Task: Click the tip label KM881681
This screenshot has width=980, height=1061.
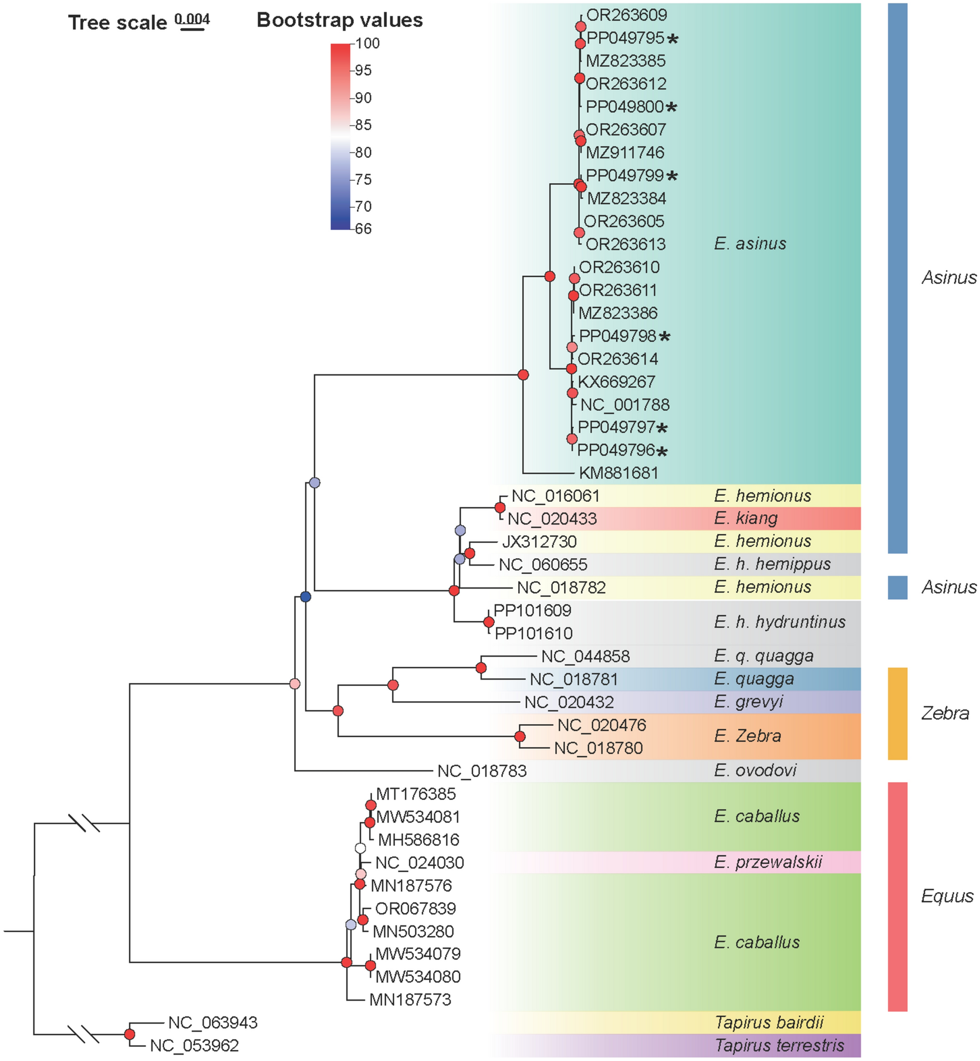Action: point(618,473)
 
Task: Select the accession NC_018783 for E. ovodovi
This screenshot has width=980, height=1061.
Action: point(482,771)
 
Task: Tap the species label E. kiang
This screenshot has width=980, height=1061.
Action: point(745,518)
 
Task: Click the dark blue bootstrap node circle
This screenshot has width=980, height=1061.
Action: point(305,597)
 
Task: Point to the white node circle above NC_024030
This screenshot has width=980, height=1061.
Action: point(360,849)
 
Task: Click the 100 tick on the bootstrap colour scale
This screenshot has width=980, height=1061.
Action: point(367,43)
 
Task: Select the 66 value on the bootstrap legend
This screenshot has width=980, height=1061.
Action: point(363,229)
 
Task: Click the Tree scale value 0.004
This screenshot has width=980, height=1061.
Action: point(192,19)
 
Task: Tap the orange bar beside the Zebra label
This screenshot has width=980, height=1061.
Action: point(897,713)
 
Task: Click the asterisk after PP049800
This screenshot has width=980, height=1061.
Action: point(671,107)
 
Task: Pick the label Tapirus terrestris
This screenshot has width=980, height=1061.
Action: point(779,1045)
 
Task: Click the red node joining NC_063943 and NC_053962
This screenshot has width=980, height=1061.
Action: point(130,1035)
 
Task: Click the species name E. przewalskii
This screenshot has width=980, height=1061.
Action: point(768,862)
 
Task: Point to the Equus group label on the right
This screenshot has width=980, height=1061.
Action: point(947,896)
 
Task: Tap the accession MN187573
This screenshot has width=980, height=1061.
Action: point(410,1000)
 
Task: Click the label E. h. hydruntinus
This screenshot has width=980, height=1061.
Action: point(779,622)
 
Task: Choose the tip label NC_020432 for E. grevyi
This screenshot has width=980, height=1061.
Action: point(569,702)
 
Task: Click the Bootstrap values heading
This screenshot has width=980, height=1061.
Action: point(339,21)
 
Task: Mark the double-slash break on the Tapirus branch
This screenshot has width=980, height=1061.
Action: point(83,1034)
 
